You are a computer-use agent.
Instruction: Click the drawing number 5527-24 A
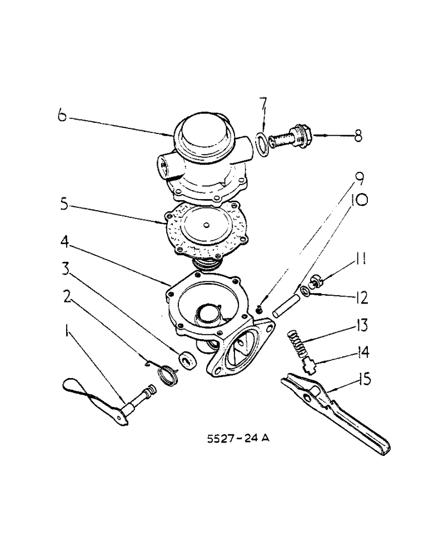click(x=238, y=439)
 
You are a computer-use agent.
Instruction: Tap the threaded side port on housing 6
click(x=165, y=165)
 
